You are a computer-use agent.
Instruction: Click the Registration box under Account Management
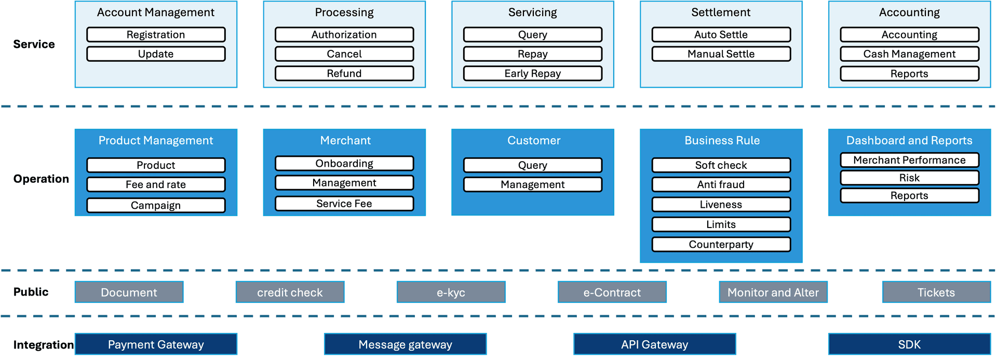156,35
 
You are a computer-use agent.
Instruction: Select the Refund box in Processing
344,73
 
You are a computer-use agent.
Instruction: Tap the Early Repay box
533,73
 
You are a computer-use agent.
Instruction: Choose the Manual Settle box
721,54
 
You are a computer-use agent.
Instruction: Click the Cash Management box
909,54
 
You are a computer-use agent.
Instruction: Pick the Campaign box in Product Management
156,205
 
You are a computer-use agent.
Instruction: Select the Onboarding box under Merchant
344,164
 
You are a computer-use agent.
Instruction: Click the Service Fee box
344,204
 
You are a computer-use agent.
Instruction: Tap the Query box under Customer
533,165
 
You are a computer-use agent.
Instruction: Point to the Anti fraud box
721,184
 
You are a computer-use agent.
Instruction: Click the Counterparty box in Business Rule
721,245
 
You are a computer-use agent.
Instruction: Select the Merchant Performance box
909,160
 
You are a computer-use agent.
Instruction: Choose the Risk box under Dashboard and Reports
909,178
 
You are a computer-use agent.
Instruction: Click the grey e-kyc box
451,292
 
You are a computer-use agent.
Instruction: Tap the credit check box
290,292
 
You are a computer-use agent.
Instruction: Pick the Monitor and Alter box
773,292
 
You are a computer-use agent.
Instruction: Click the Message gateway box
405,344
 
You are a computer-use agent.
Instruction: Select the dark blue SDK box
909,344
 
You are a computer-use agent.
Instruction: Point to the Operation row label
41,179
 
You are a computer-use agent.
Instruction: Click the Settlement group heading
721,12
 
